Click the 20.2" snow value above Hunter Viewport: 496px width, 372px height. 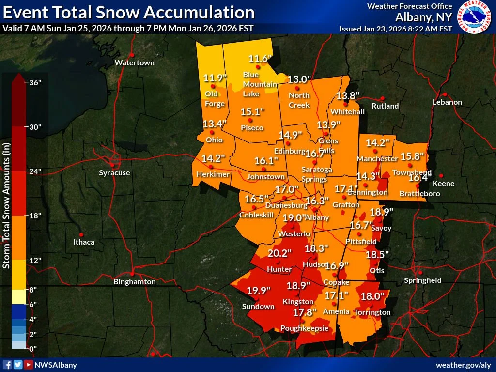click(279, 253)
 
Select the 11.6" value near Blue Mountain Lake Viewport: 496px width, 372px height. click(258, 59)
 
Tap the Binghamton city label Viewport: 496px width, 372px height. click(134, 281)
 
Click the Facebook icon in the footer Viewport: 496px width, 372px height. click(7, 365)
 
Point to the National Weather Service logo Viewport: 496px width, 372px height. click(475, 17)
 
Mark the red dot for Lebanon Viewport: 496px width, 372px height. click(444, 94)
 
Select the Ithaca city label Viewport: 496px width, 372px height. click(84, 242)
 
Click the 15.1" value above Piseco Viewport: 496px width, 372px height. click(252, 112)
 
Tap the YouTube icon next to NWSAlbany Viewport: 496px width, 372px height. click(29, 365)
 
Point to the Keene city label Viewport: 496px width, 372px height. click(443, 183)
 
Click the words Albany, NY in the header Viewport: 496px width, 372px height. click(424, 17)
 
